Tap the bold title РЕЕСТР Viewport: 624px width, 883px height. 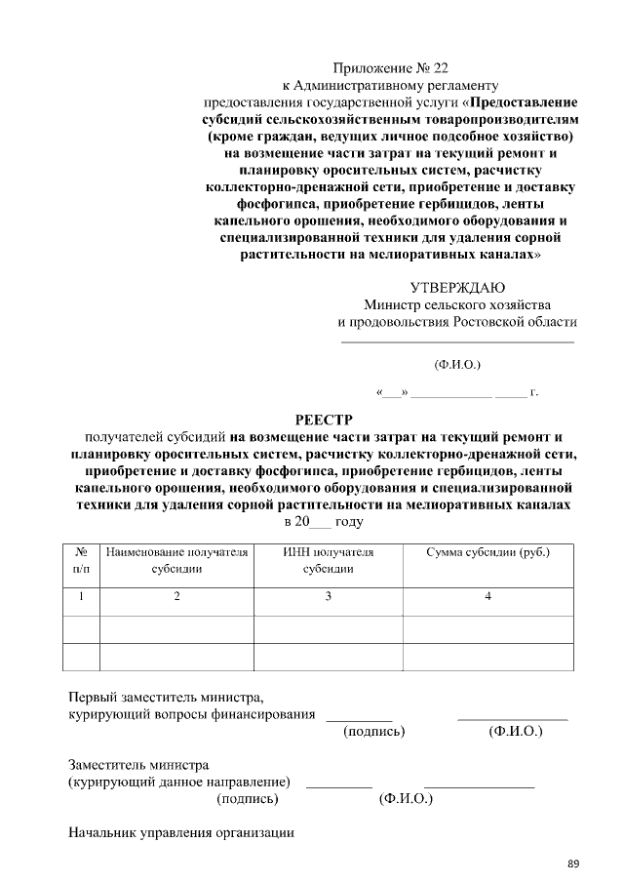pos(322,420)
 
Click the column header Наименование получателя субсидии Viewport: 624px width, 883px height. pos(176,560)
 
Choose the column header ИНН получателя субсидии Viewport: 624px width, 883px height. pos(328,560)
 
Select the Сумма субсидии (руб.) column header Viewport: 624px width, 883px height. pos(487,552)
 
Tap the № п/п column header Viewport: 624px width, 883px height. pos(82,560)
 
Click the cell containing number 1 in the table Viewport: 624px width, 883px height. pos(82,596)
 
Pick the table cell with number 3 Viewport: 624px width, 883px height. pos(328,596)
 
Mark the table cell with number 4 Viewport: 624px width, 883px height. pos(487,596)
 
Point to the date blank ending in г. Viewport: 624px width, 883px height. pos(456,392)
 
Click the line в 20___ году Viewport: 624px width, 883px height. pos(322,522)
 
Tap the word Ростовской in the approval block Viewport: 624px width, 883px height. pos(494,322)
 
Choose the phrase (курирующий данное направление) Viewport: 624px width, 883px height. pos(179,783)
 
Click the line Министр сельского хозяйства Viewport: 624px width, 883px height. pos(456,304)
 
